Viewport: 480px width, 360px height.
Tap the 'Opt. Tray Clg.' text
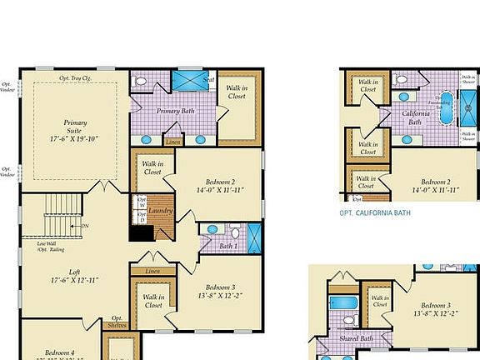(75, 78)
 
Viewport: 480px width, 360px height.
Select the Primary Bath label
(177, 111)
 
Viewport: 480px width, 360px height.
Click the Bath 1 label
(228, 246)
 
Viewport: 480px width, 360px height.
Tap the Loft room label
(75, 274)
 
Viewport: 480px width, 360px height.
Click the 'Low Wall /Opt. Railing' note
(47, 247)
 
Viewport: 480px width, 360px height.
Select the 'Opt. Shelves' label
(117, 322)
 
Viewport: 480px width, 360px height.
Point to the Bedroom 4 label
(59, 352)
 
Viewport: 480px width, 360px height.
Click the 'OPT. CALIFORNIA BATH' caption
(375, 212)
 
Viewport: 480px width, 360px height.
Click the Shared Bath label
(356, 339)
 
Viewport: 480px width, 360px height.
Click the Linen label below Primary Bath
(173, 142)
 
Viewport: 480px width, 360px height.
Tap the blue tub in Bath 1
(254, 237)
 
